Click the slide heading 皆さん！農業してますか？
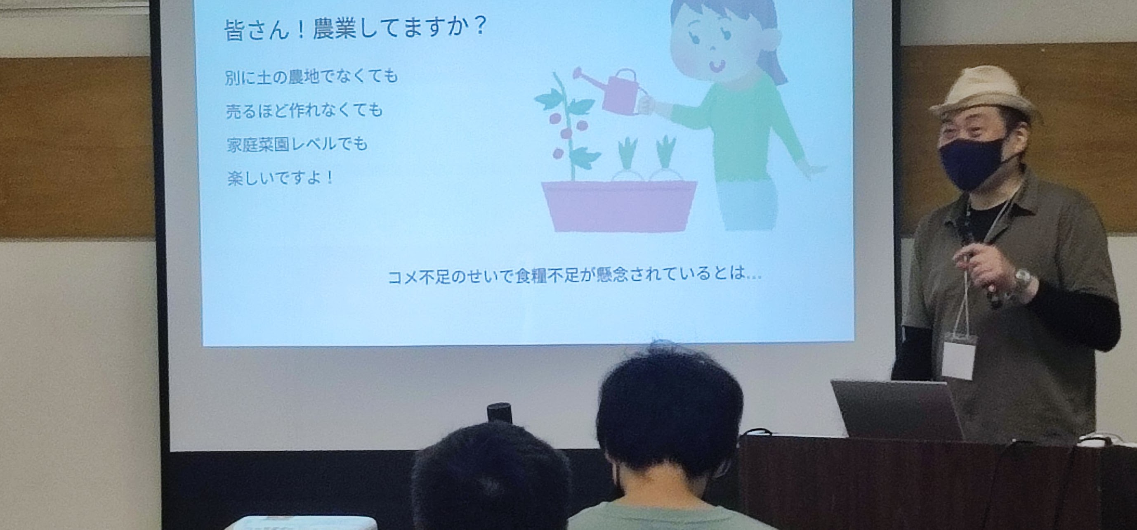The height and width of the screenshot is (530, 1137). coord(356,29)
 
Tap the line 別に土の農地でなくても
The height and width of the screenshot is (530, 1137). coord(311,77)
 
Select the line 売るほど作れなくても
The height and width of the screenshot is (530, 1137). coord(304,111)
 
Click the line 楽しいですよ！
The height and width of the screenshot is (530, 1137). coord(280,178)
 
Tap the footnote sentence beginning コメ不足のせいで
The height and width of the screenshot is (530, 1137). coord(575,276)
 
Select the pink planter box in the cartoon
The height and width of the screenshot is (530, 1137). coord(619,206)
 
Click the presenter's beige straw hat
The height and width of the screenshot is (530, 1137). coord(985,94)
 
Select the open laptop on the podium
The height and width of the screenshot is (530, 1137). coord(897,409)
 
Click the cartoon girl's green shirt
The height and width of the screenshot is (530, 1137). coord(740,128)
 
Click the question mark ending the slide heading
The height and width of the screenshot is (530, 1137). coord(477,26)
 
